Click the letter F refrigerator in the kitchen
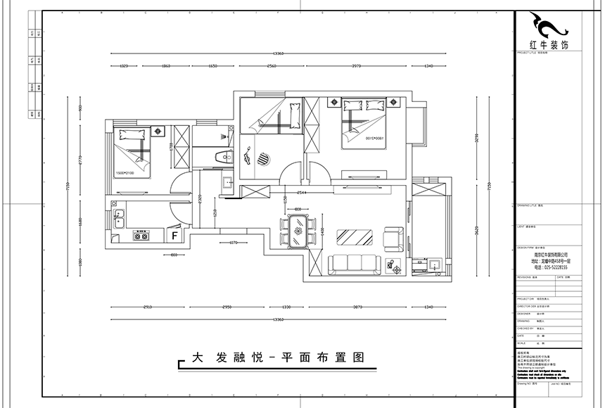click(x=174, y=235)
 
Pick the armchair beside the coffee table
click(x=392, y=237)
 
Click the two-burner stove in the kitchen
click(x=141, y=236)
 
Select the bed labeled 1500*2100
click(x=134, y=153)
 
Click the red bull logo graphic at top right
click(x=551, y=27)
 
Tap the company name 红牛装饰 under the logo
click(x=551, y=45)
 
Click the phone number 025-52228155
click(x=550, y=267)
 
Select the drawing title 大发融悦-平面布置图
click(x=271, y=357)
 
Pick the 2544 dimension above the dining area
click(x=302, y=191)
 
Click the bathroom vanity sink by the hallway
click(x=227, y=184)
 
